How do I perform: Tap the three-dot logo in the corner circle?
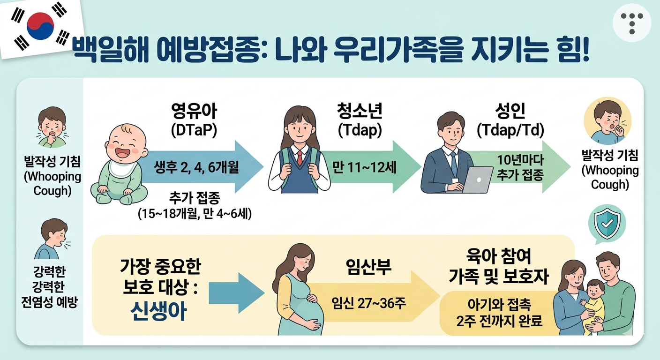pyautogui.click(x=631, y=22)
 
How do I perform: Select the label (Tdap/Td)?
pyautogui.click(x=510, y=131)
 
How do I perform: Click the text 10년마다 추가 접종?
pyautogui.click(x=520, y=167)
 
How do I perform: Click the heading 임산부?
pyautogui.click(x=368, y=268)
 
